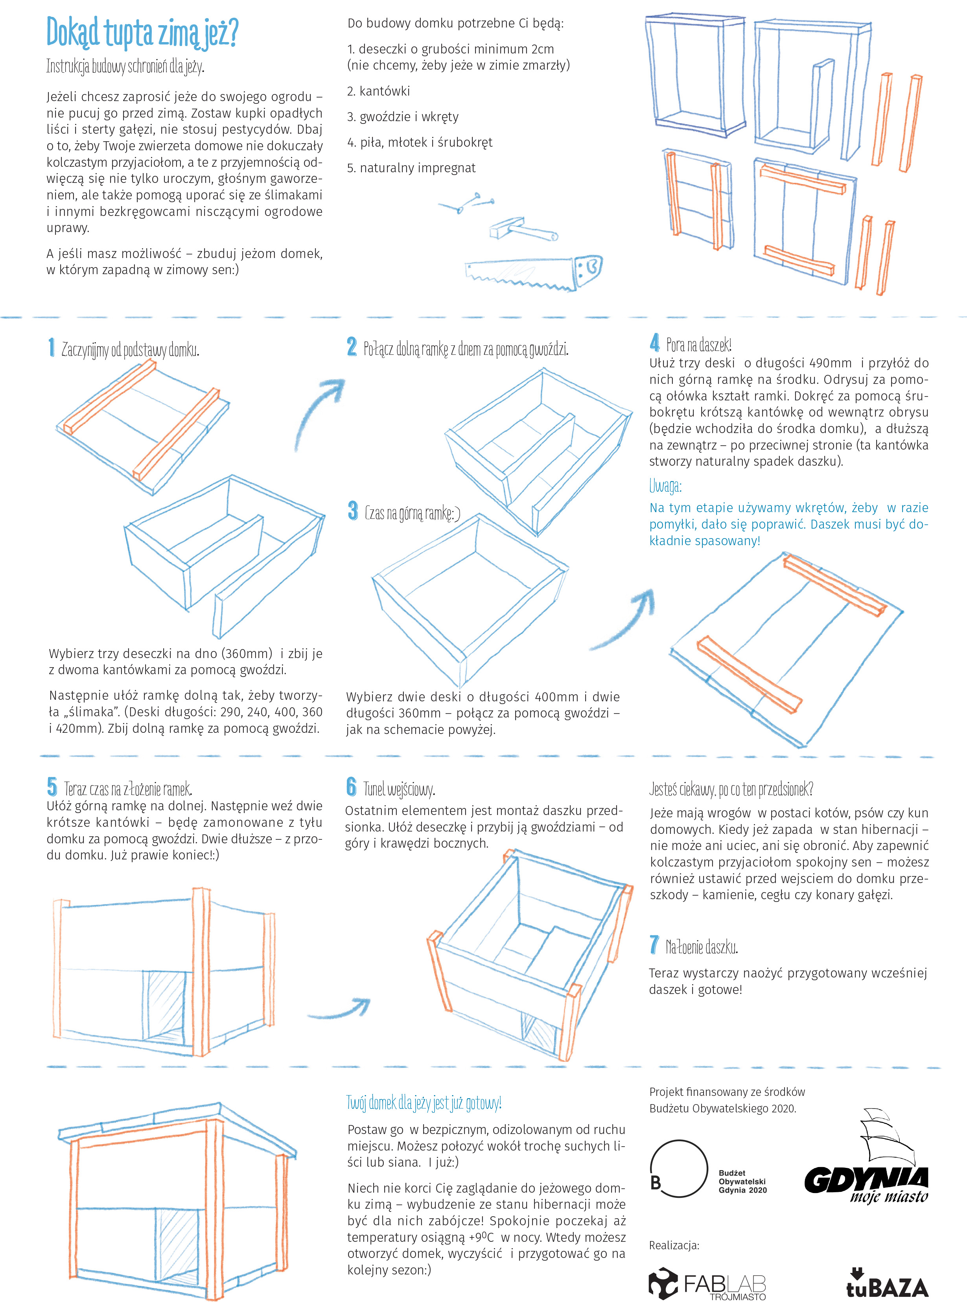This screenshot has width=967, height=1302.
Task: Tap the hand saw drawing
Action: click(x=533, y=272)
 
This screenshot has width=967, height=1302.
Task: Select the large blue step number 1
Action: click(x=52, y=347)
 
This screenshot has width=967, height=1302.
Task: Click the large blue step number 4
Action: click(x=654, y=343)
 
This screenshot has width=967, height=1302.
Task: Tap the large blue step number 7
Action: click(x=654, y=944)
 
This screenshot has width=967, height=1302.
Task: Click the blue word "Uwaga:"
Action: click(x=665, y=486)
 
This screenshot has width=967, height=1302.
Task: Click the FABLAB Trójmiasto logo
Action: click(x=707, y=1284)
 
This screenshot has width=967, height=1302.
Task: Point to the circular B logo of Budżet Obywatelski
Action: click(x=678, y=1168)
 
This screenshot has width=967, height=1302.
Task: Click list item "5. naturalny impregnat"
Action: click(x=411, y=168)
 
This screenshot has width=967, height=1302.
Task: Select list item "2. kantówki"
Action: click(x=378, y=91)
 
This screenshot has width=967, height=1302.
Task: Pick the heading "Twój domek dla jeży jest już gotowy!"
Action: click(x=424, y=1103)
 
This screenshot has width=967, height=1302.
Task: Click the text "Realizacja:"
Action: click(x=674, y=1245)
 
